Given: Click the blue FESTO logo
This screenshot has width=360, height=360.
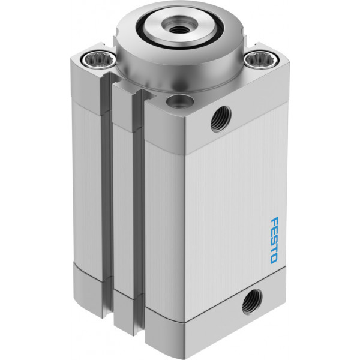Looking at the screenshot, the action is (x=275, y=240).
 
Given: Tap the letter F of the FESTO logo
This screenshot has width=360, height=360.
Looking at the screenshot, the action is (x=275, y=221).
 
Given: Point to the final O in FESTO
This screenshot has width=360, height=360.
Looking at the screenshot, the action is (x=274, y=259).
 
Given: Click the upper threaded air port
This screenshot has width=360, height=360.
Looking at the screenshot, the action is (x=221, y=119).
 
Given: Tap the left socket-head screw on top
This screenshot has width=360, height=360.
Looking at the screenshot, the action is (x=99, y=60).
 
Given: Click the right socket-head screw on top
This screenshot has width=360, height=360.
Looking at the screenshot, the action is (x=262, y=60).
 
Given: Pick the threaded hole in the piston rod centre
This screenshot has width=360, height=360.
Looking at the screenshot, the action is (x=178, y=29).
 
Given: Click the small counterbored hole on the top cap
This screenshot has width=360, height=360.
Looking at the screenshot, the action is (x=180, y=101).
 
